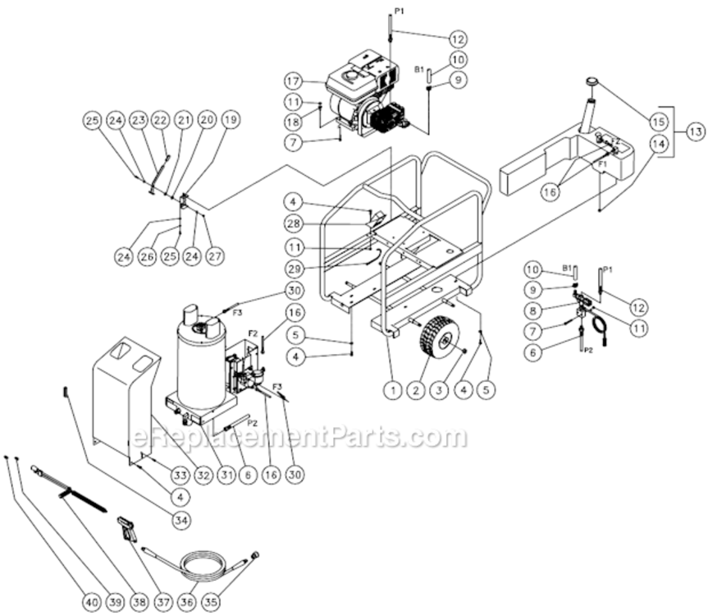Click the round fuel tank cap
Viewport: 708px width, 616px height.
point(590,80)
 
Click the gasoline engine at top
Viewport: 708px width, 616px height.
point(361,94)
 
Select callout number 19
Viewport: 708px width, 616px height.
point(231,120)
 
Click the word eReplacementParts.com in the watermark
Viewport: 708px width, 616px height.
point(298,436)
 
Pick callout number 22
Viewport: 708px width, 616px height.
point(161,120)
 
